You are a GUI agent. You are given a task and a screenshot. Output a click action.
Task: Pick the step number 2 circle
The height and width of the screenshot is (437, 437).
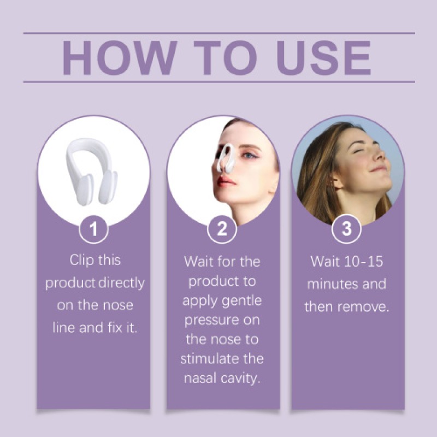click(x=222, y=229)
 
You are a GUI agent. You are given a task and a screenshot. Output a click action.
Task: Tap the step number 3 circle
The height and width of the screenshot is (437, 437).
click(x=347, y=229)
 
